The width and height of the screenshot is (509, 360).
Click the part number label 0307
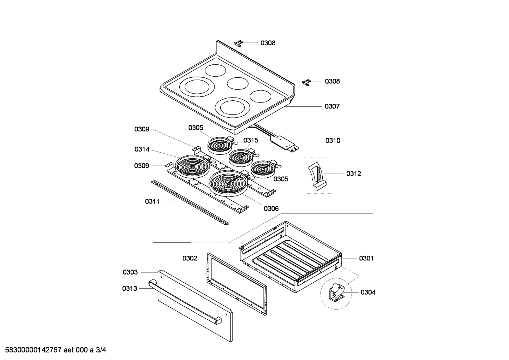[332, 106]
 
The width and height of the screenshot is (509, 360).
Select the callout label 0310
[333, 141]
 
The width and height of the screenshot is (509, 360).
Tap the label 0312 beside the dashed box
[353, 173]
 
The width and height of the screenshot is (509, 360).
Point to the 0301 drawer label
[366, 258]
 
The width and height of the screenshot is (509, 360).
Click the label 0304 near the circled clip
[368, 292]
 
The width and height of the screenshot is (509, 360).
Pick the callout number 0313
[130, 289]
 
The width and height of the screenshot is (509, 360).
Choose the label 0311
[152, 201]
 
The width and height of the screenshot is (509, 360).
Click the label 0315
[251, 140]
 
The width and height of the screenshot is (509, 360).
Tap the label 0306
[271, 208]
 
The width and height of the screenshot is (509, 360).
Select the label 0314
[142, 149]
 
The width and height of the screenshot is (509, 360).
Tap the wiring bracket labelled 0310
[282, 140]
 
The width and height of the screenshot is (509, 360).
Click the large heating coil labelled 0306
[228, 182]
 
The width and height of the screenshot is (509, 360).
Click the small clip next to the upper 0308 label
[239, 43]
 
